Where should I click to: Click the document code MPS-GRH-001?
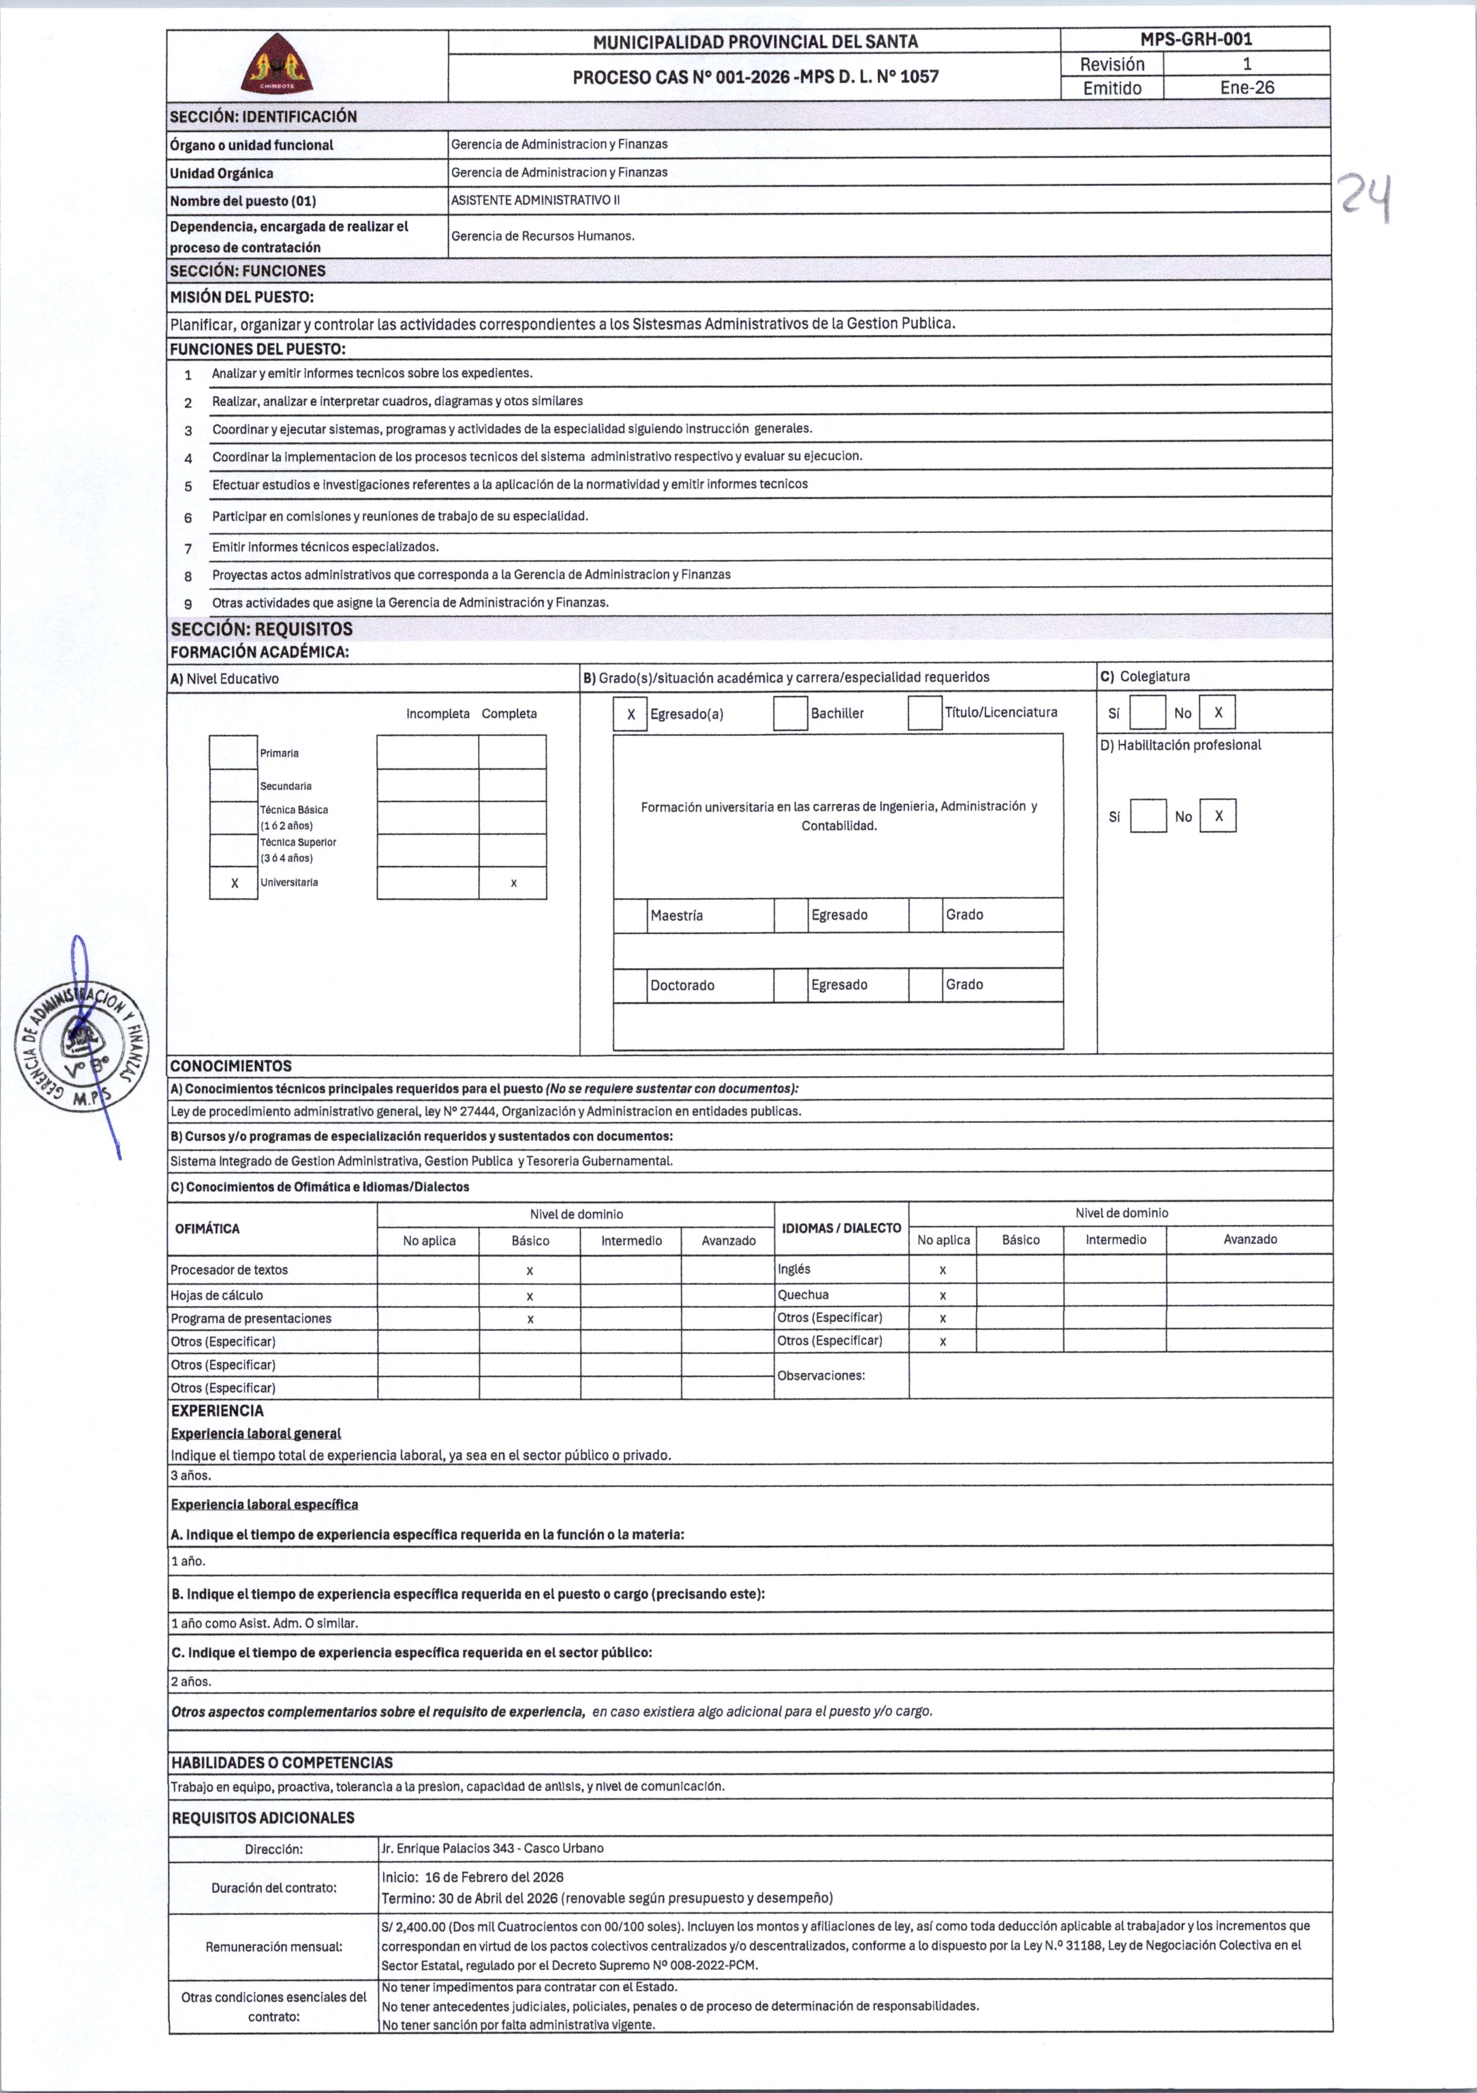(1195, 39)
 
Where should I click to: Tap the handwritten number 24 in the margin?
(1365, 199)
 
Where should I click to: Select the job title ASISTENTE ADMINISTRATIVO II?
(535, 200)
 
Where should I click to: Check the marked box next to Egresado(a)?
(630, 714)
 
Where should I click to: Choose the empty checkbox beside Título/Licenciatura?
(924, 713)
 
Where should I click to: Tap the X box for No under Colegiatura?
(1217, 713)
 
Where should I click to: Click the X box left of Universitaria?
(234, 883)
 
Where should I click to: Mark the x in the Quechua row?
(943, 1295)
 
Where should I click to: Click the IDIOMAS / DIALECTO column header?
(841, 1228)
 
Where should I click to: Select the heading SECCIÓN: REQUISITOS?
(261, 629)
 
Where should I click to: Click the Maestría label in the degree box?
(677, 915)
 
